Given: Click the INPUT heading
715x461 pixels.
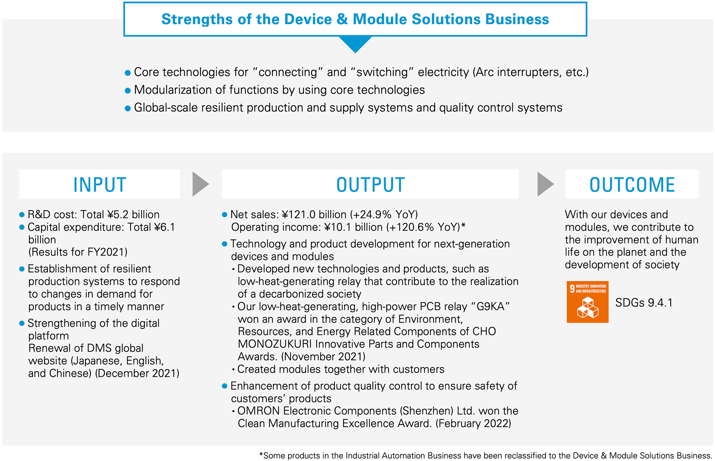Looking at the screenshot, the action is point(100,185).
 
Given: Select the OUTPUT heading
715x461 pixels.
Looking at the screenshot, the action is point(370,185).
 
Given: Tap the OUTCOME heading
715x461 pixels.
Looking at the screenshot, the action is point(632,185).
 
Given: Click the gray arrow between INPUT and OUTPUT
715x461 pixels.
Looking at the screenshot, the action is point(201,184).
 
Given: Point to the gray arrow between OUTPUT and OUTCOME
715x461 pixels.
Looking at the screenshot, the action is point(546,184).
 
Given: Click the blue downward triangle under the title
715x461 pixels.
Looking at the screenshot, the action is point(355,44).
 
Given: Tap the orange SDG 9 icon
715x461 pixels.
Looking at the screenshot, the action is point(587,302).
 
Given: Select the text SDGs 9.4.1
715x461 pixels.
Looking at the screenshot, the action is point(644,303).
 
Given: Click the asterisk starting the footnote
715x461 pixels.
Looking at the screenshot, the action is point(261,455).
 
